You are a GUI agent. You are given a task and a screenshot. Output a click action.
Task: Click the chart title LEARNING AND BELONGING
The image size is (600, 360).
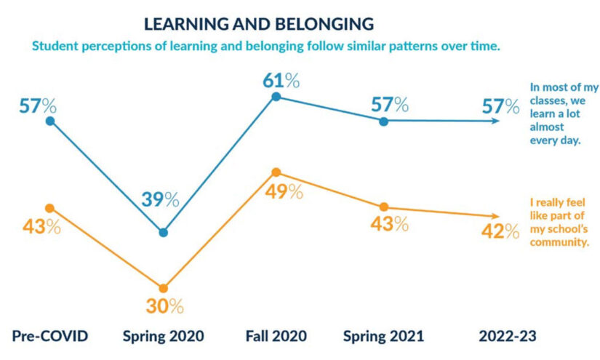click(259, 23)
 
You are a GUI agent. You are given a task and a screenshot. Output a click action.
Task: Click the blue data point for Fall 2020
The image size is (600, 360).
click(276, 97)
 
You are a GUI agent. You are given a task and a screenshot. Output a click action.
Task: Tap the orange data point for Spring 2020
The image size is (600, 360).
click(163, 288)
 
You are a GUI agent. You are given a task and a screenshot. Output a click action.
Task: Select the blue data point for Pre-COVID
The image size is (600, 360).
click(50, 121)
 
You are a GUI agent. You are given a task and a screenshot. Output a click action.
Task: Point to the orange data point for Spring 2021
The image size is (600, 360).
click(384, 207)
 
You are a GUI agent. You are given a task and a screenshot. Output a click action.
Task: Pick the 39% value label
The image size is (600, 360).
click(160, 199)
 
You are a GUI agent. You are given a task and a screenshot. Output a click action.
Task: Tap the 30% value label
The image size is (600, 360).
click(164, 306)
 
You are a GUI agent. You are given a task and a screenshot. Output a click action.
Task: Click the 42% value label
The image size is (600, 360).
click(501, 231)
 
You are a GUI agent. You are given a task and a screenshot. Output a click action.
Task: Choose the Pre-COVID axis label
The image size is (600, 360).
click(50, 336)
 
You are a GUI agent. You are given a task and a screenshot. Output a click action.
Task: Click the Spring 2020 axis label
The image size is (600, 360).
click(162, 336)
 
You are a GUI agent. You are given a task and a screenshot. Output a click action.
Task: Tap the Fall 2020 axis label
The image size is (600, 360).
click(276, 336)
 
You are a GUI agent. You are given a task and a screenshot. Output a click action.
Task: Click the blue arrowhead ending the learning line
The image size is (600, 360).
click(497, 121)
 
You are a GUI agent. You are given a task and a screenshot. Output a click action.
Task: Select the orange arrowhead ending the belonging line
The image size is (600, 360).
click(496, 216)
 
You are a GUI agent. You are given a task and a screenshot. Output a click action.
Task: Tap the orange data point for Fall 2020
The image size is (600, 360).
click(276, 172)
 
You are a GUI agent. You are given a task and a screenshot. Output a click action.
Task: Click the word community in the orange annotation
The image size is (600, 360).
click(561, 243)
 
